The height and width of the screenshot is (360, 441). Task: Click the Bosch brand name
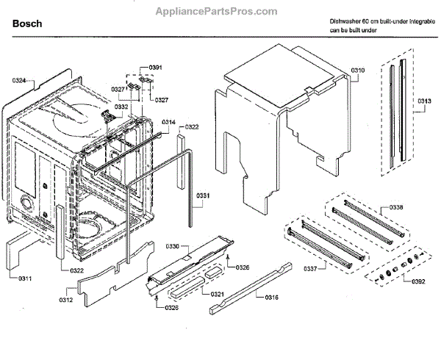(27, 24)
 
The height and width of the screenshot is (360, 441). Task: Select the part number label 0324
(19, 79)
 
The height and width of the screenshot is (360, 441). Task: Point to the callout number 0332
(121, 107)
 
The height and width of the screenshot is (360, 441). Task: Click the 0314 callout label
(168, 121)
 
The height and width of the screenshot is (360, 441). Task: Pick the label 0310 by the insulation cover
(358, 70)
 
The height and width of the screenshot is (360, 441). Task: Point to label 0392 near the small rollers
(418, 280)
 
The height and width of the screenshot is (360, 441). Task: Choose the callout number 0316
(272, 297)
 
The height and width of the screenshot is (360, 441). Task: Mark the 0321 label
(217, 294)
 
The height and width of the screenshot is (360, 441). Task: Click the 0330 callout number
(173, 245)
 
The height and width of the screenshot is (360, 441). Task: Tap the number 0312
(65, 299)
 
